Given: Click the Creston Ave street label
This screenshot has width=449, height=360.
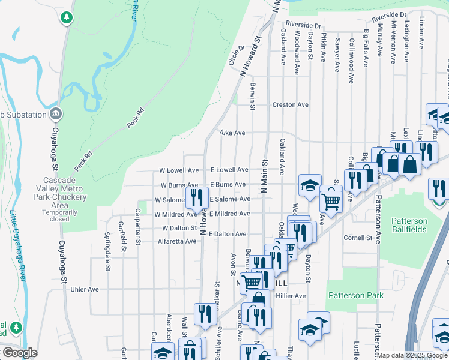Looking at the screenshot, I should (x=291, y=105).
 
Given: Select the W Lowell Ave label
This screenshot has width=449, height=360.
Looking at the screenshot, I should (x=179, y=170).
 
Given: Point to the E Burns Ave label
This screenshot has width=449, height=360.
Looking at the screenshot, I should (x=228, y=185).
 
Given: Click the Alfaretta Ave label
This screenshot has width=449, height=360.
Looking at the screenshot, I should (x=177, y=241).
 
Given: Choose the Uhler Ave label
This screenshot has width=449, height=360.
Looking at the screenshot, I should (x=85, y=289).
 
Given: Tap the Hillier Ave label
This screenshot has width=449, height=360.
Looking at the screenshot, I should (x=291, y=296).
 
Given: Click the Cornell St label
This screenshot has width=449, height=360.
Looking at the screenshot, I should (x=358, y=238).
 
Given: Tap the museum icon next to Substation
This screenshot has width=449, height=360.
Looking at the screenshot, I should (x=55, y=113).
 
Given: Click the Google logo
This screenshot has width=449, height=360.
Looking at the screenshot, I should (x=19, y=352).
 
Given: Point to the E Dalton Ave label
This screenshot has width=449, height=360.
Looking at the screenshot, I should (x=228, y=234).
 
